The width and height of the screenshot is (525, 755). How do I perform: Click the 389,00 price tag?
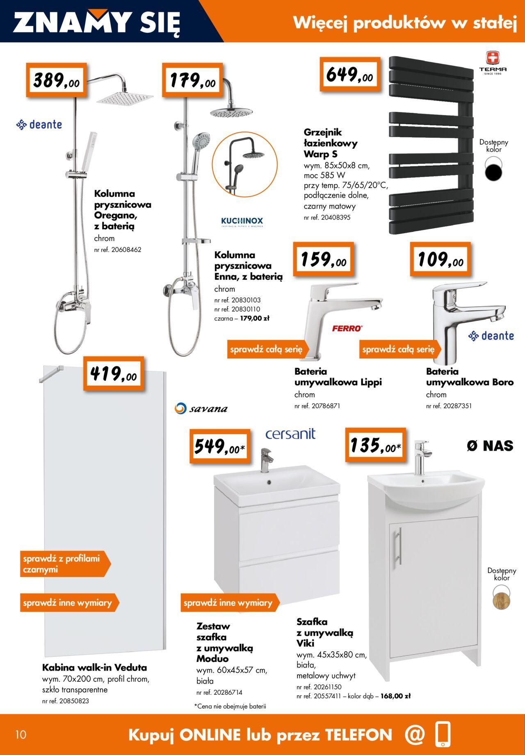coord(57,80)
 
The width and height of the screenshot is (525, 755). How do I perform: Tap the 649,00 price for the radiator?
coord(350,74)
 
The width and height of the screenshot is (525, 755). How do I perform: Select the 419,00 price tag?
coord(114,373)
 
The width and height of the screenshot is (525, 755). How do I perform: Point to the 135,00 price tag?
coord(375,446)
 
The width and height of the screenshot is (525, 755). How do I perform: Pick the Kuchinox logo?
coord(242,222)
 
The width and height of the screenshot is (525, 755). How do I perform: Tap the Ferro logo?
coord(347,328)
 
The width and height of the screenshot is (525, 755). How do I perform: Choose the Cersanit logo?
coord(290,434)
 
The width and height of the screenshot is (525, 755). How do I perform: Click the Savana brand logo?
coord(201,408)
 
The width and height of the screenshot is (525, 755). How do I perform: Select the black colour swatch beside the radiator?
coord(493,170)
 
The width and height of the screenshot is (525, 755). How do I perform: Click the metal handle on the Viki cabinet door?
coord(398,546)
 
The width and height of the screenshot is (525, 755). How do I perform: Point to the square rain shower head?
coord(125,98)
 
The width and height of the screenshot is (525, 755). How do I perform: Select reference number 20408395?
coord(327,218)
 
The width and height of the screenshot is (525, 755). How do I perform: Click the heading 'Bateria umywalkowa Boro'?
coord(470,377)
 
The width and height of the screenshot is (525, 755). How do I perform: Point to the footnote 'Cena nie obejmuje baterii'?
coord(230,706)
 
